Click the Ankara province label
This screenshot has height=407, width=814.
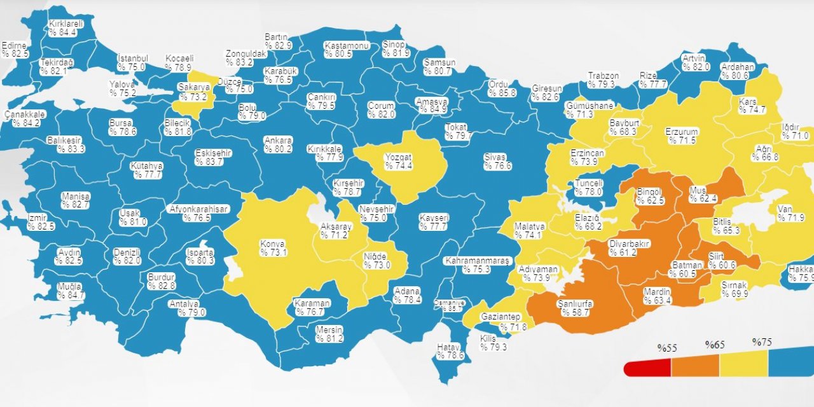279,140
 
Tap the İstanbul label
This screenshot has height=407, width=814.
133,58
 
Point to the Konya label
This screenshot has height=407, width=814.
272,244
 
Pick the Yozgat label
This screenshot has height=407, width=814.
398,157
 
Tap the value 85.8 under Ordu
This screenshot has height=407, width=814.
502,93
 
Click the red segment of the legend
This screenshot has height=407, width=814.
647,367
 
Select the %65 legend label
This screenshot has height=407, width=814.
715,345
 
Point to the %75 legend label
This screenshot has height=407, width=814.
762,342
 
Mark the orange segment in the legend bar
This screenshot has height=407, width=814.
695,366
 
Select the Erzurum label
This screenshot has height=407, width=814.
682,132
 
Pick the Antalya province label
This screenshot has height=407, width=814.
184,303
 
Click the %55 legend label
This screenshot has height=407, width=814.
667,348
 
